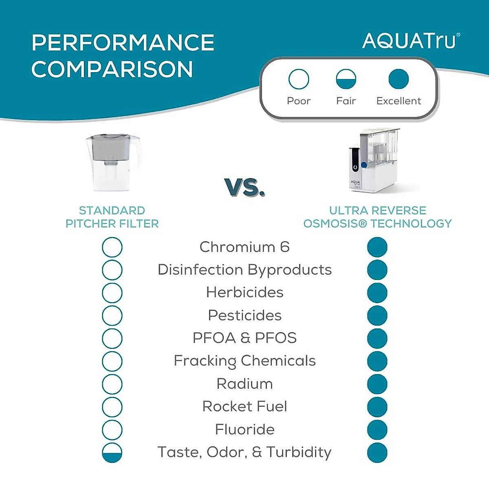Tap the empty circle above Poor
coord(299,79)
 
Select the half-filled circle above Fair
coord(346,79)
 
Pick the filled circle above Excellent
coord(399,79)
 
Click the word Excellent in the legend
coord(399,101)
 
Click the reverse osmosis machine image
coord(373,161)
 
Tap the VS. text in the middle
coord(244,187)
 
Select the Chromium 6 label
coord(244,247)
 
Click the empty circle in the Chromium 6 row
coord(112,247)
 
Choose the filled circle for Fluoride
coord(377,430)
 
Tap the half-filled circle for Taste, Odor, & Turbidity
coord(112,453)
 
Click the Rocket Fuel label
coord(244,406)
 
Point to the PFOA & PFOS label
coord(244,338)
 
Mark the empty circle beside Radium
coord(112,384)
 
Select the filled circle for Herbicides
coord(377,293)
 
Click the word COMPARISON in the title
coord(112,69)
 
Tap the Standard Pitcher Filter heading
coord(112,217)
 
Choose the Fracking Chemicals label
coord(244,361)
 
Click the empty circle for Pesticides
coord(112,316)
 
